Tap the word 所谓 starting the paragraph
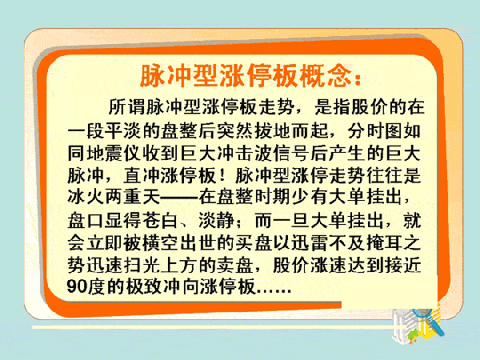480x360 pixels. click(x=126, y=107)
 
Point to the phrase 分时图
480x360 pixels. click(x=374, y=130)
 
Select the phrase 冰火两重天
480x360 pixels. click(x=114, y=196)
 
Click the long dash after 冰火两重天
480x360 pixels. click(x=179, y=198)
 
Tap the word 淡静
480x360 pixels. click(x=217, y=221)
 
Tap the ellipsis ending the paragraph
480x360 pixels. click(x=274, y=291)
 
